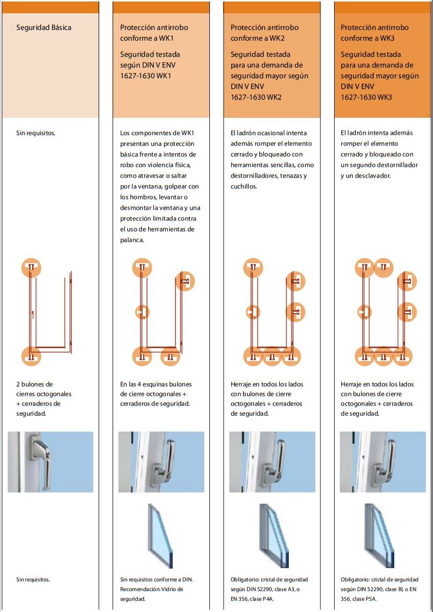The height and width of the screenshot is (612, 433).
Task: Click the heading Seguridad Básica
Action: pyautogui.click(x=44, y=28)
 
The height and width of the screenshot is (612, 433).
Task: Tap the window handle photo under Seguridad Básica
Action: pyautogui.click(x=50, y=462)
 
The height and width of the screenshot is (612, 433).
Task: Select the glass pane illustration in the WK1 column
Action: pyautogui.click(x=160, y=536)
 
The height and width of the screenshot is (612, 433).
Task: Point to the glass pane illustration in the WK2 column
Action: pyautogui.click(x=273, y=536)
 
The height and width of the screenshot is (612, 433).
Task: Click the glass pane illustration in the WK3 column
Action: pyautogui.click(x=379, y=536)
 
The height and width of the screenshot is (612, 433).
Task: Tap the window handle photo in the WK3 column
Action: pyautogui.click(x=383, y=462)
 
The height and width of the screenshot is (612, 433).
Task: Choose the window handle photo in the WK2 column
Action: pyautogui.click(x=272, y=462)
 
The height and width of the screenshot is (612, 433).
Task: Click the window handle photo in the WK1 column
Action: pyautogui.click(x=161, y=462)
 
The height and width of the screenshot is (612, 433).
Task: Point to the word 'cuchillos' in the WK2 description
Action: pyautogui.click(x=243, y=187)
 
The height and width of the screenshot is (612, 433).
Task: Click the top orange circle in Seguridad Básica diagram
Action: pyautogui.click(x=31, y=268)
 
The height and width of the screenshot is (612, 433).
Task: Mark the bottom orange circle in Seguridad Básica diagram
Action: pyautogui.click(x=31, y=356)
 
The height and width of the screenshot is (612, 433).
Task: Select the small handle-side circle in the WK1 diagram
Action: pyautogui.click(x=142, y=312)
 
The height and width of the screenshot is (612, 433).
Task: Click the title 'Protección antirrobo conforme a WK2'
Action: pyautogui.click(x=264, y=33)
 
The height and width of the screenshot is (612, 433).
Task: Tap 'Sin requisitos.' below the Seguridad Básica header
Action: pyautogui.click(x=36, y=133)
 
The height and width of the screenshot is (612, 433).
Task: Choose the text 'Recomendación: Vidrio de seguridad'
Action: pyautogui.click(x=151, y=594)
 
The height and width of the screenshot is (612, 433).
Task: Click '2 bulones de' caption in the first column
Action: pyautogui.click(x=35, y=384)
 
